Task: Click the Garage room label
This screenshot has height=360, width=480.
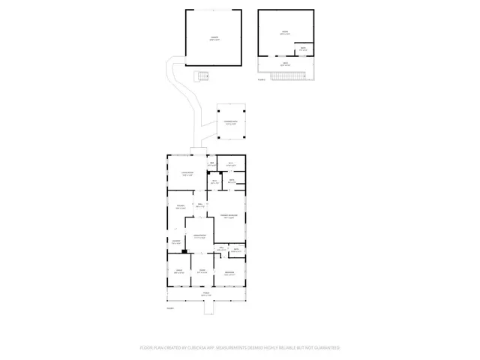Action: pos(214,37)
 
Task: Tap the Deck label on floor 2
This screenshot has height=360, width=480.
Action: pos(285,64)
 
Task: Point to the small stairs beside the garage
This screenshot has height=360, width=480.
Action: pos(200,76)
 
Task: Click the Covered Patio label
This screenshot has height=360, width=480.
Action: pos(230,122)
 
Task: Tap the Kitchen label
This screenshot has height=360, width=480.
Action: pos(181,207)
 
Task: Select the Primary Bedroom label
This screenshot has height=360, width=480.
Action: pos(229,217)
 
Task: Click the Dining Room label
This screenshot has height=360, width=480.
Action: pos(199,236)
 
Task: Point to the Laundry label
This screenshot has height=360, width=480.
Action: pos(175,242)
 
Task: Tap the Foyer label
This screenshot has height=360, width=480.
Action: pos(202,271)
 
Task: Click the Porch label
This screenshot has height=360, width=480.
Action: pos(205,295)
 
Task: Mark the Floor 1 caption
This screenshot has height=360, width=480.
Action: pos(169,308)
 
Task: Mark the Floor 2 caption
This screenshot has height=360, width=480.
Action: pos(261,79)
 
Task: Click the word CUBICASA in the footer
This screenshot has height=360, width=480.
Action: pos(203,348)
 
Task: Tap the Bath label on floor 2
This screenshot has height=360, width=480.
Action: pos(302,49)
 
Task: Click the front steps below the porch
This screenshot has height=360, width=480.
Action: pos(205,304)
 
